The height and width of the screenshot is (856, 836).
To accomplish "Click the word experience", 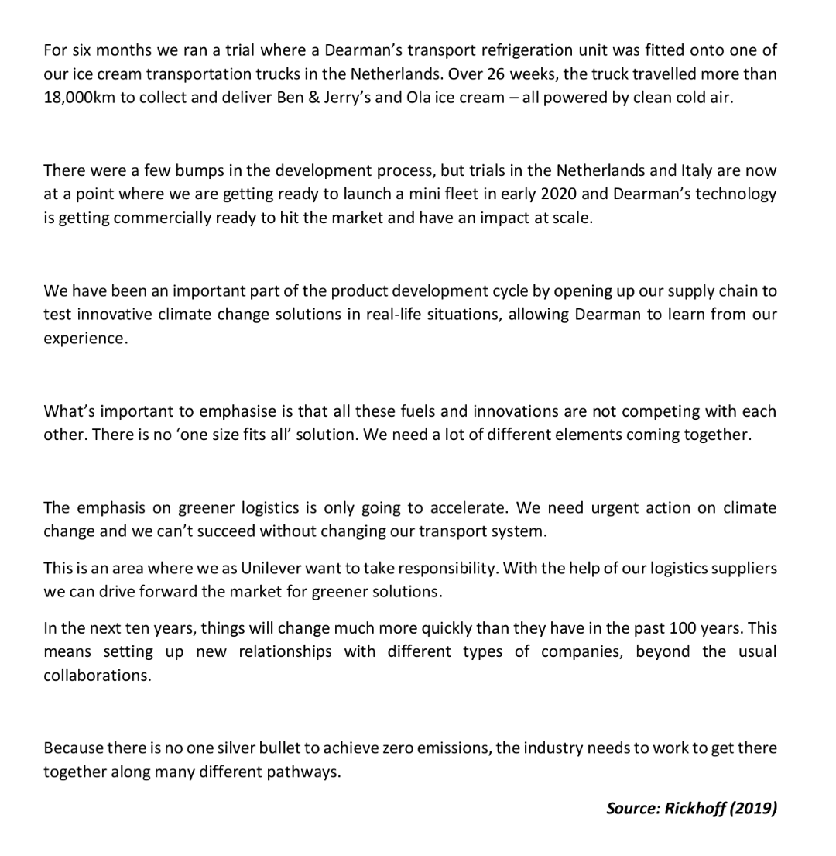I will [x=84, y=339].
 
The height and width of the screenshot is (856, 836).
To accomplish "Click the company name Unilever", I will [x=276, y=568].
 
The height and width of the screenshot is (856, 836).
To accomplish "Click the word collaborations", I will [x=97, y=676].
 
